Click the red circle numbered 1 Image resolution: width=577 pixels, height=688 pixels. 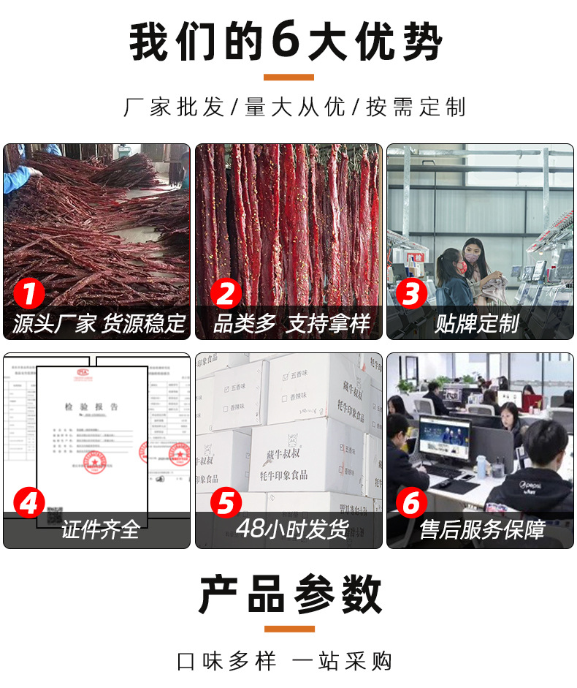[29, 295]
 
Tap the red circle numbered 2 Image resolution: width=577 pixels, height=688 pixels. [226, 295]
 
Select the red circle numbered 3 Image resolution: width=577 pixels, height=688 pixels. [411, 295]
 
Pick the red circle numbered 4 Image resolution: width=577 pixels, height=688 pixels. [29, 503]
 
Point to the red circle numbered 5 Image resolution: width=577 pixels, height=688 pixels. [226, 503]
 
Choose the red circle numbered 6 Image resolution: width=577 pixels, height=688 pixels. [411, 503]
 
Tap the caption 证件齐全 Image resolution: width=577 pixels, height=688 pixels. [100, 529]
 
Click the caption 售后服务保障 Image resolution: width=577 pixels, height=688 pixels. [481, 529]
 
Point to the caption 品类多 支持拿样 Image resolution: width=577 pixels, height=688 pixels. [291, 323]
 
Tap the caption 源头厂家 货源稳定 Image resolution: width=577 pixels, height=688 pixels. [99, 323]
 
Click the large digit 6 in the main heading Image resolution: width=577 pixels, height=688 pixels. [287, 43]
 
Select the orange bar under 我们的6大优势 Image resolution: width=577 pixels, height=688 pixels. [288, 77]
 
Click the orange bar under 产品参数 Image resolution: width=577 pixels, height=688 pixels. [288, 628]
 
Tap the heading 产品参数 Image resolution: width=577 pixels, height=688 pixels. [289, 594]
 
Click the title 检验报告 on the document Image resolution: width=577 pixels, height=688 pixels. [91, 407]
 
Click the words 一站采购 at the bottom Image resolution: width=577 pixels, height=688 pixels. [342, 661]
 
